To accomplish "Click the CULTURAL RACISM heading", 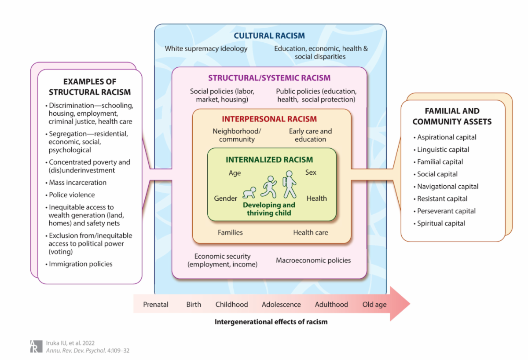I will pyautogui.click(x=269, y=36).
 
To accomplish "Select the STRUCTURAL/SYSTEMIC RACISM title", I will pyautogui.click(x=269, y=78).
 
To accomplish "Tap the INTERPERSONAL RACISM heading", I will pyautogui.click(x=269, y=119).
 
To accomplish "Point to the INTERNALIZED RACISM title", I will pyautogui.click(x=269, y=160).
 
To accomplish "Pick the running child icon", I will pyautogui.click(x=269, y=187).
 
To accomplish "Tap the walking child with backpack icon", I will pyautogui.click(x=289, y=184).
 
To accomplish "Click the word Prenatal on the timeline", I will pyautogui.click(x=156, y=304).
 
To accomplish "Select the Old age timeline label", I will pyautogui.click(x=374, y=304).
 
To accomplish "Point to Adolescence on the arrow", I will pyautogui.click(x=281, y=304).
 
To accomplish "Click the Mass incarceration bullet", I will pyautogui.click(x=77, y=182).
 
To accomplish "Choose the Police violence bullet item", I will pyautogui.click(x=72, y=195).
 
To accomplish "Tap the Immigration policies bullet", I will pyautogui.click(x=81, y=264).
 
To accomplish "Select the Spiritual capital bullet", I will pyautogui.click(x=441, y=223).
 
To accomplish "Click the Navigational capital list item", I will pyautogui.click(x=448, y=186).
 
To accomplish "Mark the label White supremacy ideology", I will pyautogui.click(x=206, y=48).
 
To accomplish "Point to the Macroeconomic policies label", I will pyautogui.click(x=313, y=260).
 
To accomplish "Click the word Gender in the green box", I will pyautogui.click(x=226, y=198).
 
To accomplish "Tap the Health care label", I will pyautogui.click(x=311, y=232).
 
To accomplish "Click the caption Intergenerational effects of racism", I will pyautogui.click(x=271, y=322).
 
